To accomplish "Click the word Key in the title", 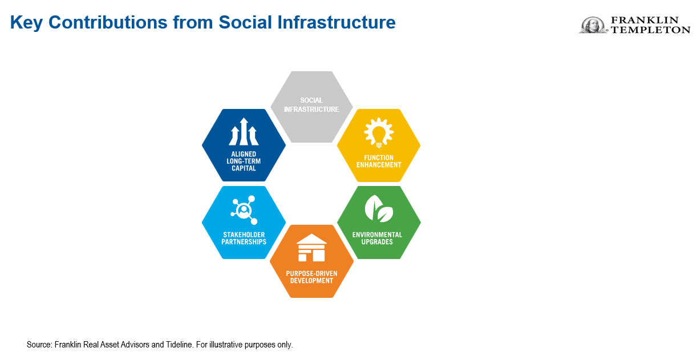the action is (27, 23).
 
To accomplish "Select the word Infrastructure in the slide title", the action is (336, 22).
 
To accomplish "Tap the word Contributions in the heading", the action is (108, 22).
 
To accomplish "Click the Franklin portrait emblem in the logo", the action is (593, 25).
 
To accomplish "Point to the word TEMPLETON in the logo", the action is (651, 30).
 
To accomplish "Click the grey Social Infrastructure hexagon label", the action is (311, 105).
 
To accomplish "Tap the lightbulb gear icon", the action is (379, 132).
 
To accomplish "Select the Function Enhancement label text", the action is (379, 161).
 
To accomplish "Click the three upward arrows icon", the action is (244, 132).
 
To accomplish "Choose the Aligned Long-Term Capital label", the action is (244, 161).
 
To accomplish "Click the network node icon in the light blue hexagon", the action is (244, 210).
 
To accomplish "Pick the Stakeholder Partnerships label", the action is (244, 238).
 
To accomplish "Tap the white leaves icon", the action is (379, 208).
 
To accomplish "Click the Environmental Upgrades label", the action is (377, 238).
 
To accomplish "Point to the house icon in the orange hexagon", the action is (311, 248).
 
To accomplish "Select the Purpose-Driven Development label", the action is (311, 277).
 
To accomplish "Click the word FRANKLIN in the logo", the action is (645, 20).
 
